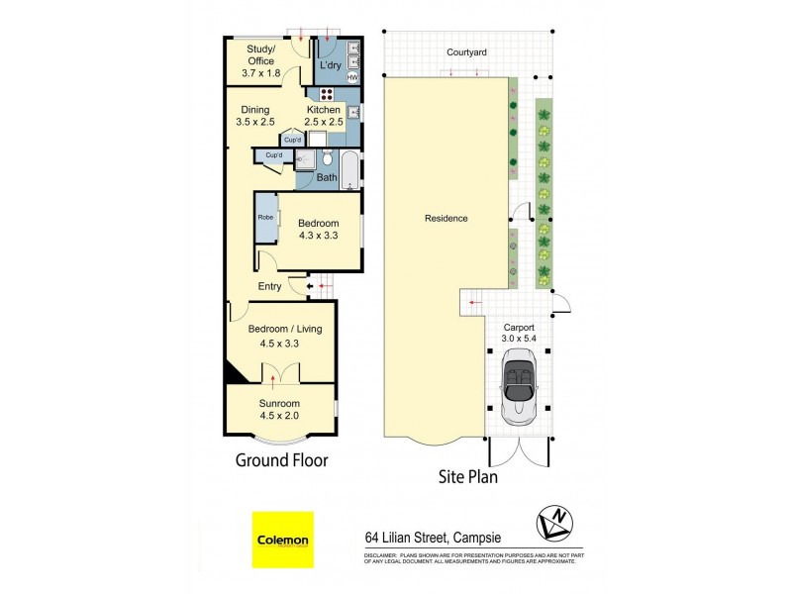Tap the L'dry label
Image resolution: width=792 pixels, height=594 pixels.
pyautogui.click(x=330, y=66)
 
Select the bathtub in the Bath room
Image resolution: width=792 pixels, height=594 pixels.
pyautogui.click(x=350, y=169)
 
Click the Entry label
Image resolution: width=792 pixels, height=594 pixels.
pyautogui.click(x=269, y=287)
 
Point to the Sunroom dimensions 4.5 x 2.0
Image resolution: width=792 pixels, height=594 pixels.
pyautogui.click(x=279, y=416)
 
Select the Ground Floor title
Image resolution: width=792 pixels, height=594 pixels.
pyautogui.click(x=280, y=460)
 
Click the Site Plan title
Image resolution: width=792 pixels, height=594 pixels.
pyautogui.click(x=467, y=477)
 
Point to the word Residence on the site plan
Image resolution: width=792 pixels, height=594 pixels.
pyautogui.click(x=445, y=219)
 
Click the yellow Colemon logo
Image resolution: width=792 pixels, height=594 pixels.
pyautogui.click(x=283, y=541)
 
